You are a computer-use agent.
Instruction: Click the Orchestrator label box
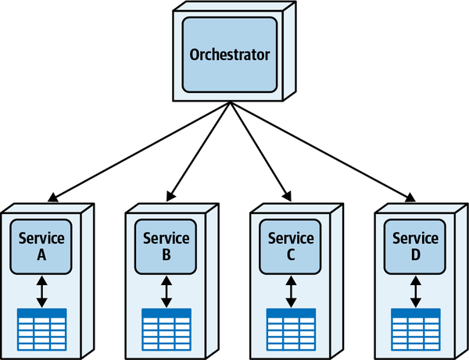point(230,55)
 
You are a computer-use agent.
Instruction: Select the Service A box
point(41,246)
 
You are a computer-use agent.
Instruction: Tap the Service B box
point(166,246)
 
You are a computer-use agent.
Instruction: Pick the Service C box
point(291,246)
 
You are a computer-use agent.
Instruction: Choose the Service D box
point(415,246)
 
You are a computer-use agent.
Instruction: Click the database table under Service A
point(41,329)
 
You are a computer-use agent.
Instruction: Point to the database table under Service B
point(166,329)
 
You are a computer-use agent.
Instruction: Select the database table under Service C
point(291,329)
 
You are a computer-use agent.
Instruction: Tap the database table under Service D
point(415,329)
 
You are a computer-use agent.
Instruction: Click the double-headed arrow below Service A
point(41,291)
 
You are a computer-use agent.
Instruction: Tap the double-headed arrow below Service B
point(166,291)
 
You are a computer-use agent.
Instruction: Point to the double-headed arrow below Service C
point(291,291)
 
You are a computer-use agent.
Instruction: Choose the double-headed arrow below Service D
point(415,291)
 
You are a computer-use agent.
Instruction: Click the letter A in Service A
point(41,255)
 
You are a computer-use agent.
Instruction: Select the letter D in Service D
point(415,255)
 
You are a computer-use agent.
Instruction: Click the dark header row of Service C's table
point(291,313)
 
